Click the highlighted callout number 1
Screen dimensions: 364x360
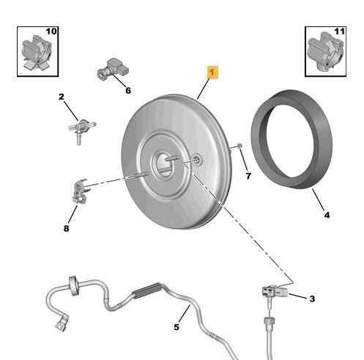[213, 72]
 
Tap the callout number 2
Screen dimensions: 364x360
[62, 97]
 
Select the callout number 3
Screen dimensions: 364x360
[312, 299]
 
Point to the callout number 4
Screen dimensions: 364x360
[327, 215]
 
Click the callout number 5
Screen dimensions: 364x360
[177, 327]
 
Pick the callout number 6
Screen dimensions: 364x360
[128, 91]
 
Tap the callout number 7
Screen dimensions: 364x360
[248, 176]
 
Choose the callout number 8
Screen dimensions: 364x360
[66, 228]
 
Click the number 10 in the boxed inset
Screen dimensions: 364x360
[51, 31]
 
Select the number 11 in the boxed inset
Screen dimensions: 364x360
[340, 31]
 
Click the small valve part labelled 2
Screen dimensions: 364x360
[81, 130]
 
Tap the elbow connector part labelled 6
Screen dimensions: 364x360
[113, 68]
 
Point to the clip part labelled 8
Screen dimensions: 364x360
[80, 191]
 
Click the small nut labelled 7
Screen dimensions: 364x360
[239, 146]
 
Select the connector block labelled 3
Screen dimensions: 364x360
[275, 291]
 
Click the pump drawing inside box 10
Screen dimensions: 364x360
[37, 53]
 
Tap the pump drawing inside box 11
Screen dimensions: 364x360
[325, 52]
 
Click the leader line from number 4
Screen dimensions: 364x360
[319, 200]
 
